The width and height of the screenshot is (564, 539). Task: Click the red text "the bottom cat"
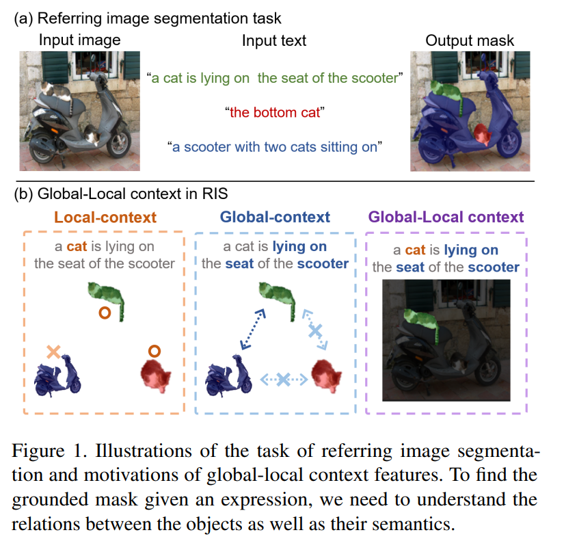point(274,113)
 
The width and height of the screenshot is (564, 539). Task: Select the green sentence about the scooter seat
point(274,79)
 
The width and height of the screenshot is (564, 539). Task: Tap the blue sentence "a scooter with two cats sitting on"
point(274,146)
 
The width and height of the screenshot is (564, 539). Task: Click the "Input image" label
point(79,40)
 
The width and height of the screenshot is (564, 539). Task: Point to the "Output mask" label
point(470,40)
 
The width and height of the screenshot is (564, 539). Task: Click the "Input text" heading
point(274,40)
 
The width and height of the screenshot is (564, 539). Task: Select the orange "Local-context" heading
point(105,218)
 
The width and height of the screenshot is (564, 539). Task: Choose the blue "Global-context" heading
point(275,218)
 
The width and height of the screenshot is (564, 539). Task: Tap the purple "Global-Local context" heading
point(446,218)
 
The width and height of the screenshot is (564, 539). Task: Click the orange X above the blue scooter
point(54,352)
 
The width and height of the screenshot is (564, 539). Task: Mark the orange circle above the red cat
point(155,351)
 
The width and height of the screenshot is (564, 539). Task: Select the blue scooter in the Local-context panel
point(57,379)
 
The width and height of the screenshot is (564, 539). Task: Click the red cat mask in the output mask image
point(483,133)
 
